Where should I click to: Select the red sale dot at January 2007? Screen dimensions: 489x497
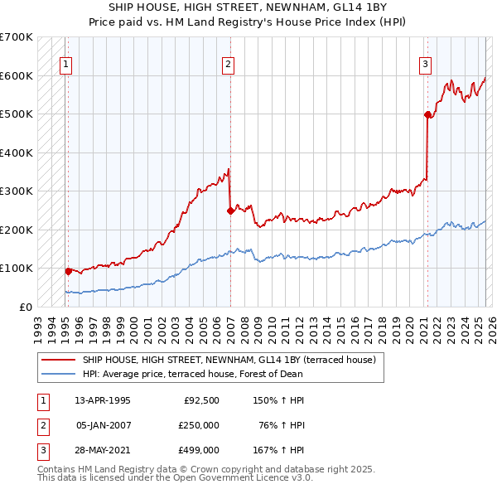point(230,211)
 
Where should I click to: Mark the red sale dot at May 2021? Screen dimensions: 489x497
point(427,114)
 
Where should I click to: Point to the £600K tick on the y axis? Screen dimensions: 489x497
point(17,75)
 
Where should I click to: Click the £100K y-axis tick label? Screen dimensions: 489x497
point(17,269)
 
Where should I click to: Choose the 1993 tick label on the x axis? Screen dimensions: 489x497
point(38,323)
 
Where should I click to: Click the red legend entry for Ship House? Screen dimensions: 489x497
point(229,360)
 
